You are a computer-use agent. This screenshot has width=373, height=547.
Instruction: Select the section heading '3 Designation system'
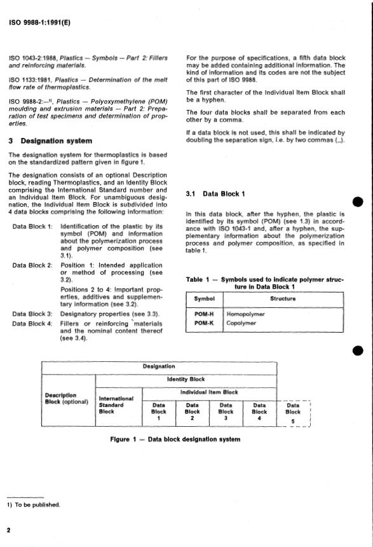tap(50, 141)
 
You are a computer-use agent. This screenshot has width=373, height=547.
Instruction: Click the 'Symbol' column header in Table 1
tap(205, 299)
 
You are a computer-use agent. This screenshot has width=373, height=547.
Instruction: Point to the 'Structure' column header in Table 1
tap(283, 299)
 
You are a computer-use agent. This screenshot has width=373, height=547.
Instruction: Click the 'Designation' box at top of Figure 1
tap(159, 366)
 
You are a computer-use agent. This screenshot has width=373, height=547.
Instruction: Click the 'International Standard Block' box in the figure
tap(116, 405)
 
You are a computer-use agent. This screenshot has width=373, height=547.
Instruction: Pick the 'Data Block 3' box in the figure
tap(226, 411)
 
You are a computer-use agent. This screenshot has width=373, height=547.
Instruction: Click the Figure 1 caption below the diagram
tap(175, 439)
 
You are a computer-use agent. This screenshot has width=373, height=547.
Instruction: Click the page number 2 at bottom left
tap(8, 529)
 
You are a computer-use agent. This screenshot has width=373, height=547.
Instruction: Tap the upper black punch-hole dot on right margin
tap(358, 202)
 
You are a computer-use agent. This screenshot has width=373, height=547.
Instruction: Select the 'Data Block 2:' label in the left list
tap(32, 265)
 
